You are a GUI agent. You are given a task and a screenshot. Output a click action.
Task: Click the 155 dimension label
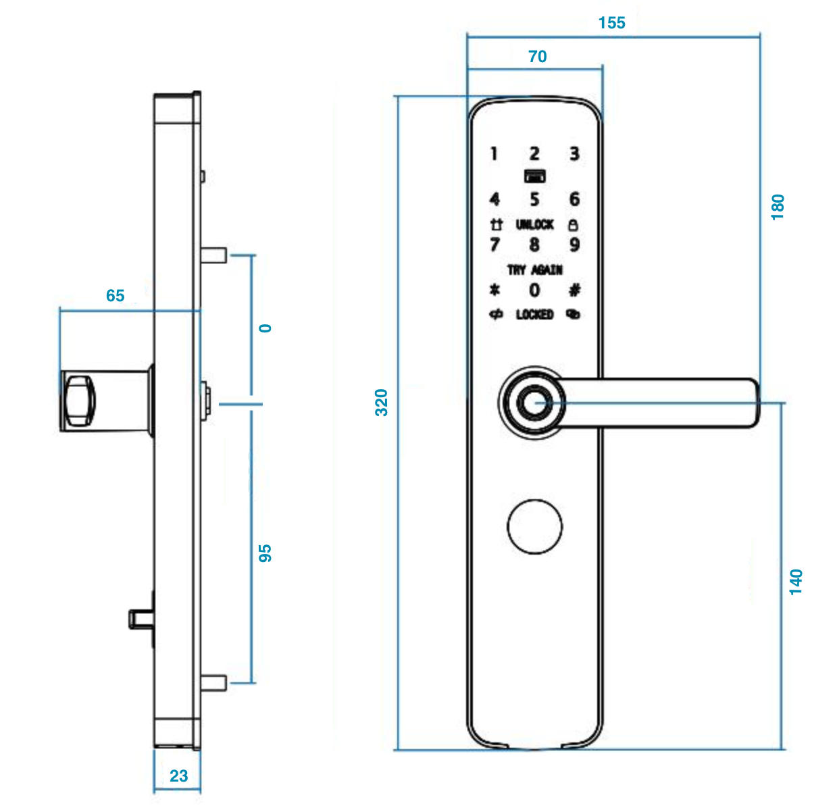tap(612, 23)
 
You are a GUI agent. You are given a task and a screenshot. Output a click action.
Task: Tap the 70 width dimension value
tap(538, 57)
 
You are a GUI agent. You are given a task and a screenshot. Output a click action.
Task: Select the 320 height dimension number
tap(382, 403)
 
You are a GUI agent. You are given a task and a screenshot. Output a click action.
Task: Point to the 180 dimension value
tap(778, 207)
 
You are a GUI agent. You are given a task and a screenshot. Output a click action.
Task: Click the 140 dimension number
tap(796, 582)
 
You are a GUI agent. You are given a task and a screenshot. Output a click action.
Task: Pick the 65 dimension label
tap(116, 296)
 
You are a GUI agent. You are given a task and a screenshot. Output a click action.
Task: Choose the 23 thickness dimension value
tap(178, 776)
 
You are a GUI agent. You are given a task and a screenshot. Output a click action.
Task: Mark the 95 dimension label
tap(265, 553)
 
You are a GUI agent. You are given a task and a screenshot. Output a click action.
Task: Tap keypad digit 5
tap(534, 199)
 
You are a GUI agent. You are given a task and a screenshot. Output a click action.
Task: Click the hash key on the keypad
tap(574, 290)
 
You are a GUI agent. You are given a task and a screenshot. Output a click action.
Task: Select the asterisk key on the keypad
tap(495, 290)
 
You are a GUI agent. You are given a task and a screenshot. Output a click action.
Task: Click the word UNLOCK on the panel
tap(534, 224)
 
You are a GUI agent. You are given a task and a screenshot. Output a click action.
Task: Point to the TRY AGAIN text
tap(534, 270)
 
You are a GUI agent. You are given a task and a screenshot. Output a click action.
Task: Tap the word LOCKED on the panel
tap(534, 315)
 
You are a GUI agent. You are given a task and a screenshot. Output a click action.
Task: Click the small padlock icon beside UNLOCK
tap(573, 224)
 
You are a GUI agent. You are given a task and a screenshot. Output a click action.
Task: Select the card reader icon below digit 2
tap(534, 176)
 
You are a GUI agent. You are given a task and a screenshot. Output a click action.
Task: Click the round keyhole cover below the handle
tap(534, 527)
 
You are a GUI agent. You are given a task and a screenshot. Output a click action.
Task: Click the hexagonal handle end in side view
tap(78, 400)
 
